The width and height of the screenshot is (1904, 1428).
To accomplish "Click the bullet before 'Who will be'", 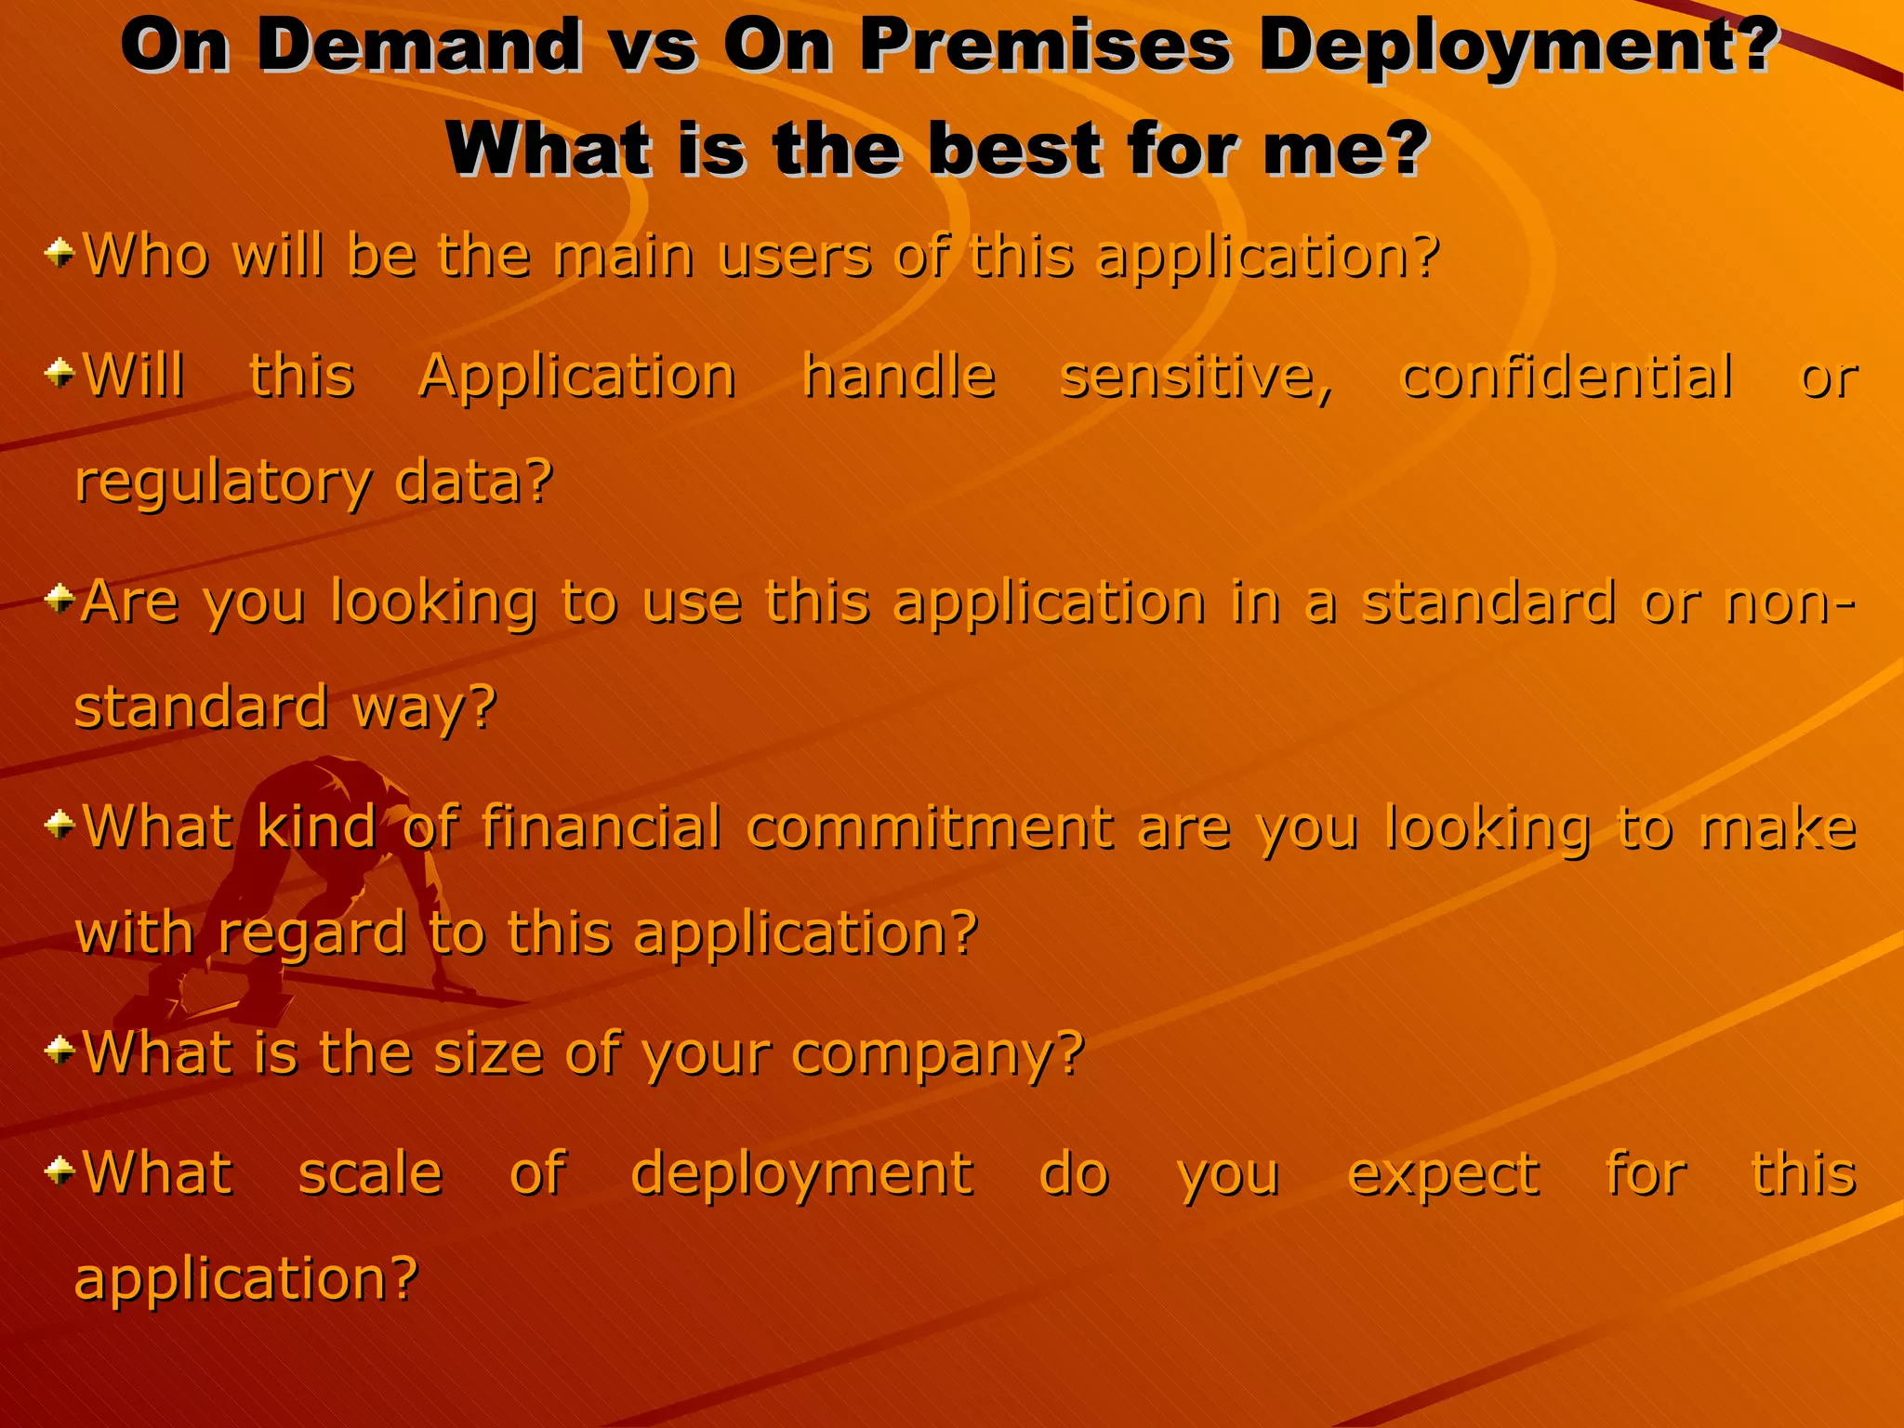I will pos(60,252).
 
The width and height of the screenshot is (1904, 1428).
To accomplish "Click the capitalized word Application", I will pos(577,377).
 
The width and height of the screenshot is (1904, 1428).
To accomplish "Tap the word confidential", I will pos(1567,377).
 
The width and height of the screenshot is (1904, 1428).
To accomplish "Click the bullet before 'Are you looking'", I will pos(60,598).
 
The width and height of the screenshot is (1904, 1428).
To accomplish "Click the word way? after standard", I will pos(425,708).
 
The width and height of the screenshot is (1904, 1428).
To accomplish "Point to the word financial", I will pos(601,826).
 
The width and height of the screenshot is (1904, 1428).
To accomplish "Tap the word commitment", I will pos(930,827).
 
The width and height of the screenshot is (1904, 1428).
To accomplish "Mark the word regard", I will pos(312,934).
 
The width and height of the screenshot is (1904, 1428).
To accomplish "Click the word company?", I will pos(939,1055).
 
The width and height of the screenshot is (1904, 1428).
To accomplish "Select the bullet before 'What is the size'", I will pos(60,1050).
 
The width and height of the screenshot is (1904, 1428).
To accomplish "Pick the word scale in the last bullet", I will pos(370,1173).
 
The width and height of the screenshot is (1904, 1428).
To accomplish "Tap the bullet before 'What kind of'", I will pos(60,823).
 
